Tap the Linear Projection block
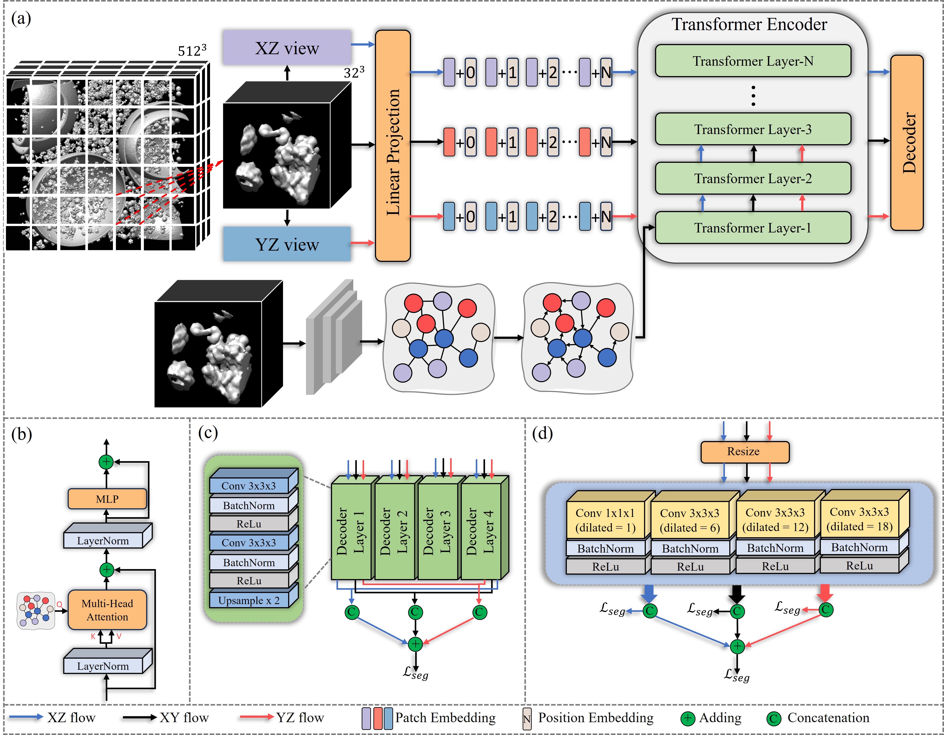pyautogui.click(x=392, y=146)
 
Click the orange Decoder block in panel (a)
pyautogui.click(x=907, y=143)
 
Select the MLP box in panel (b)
pyautogui.click(x=107, y=499)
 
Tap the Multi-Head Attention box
pyautogui.click(x=107, y=610)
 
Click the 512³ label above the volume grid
pyautogui.click(x=192, y=51)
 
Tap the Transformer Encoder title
pyautogui.click(x=749, y=24)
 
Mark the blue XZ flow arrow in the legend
pyautogui.click(x=26, y=717)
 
